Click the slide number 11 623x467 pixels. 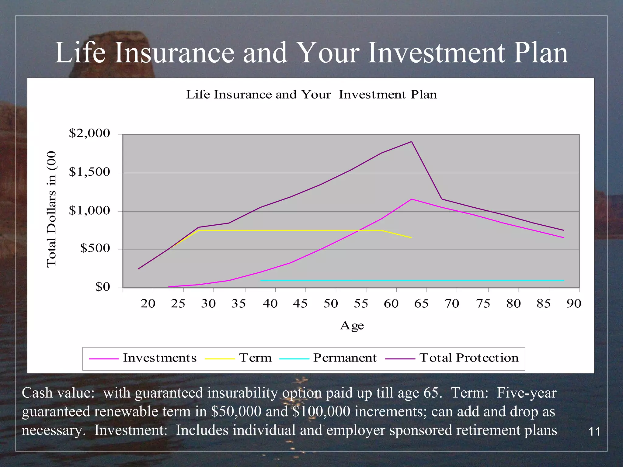tap(594, 432)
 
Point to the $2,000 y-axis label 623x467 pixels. tap(89, 133)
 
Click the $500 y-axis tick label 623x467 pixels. tap(95, 248)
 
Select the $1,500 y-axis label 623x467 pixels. tap(89, 172)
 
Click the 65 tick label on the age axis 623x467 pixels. tap(421, 304)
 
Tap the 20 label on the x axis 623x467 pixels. tap(148, 304)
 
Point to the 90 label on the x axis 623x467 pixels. tap(574, 304)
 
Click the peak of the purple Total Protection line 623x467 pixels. tap(412, 142)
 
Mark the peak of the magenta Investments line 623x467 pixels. tap(412, 199)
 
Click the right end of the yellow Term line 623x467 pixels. tap(411, 237)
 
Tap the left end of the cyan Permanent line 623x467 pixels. tap(261, 280)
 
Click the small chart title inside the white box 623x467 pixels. tap(311, 95)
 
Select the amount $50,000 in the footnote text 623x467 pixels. tap(236, 412)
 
